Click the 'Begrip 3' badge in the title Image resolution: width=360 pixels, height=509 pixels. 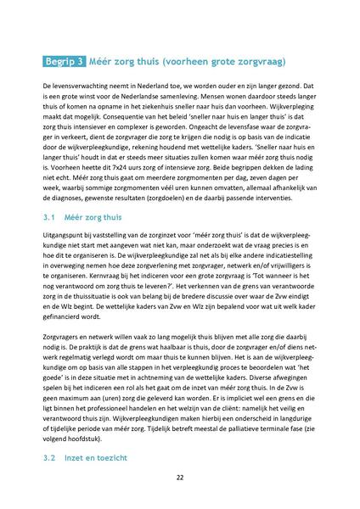coord(63,62)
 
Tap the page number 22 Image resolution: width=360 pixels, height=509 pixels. coord(180,478)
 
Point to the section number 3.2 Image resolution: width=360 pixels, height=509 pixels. coord(49,457)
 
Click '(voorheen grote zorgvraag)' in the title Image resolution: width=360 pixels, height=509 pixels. coord(222,62)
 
